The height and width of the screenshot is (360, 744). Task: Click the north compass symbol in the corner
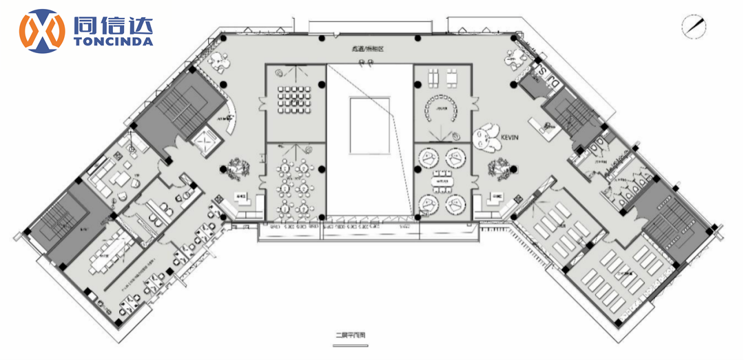click(694, 26)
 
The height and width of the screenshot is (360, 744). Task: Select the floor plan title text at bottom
click(351, 337)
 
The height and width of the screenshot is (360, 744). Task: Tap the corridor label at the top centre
click(366, 50)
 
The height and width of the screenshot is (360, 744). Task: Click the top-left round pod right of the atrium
click(427, 157)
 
